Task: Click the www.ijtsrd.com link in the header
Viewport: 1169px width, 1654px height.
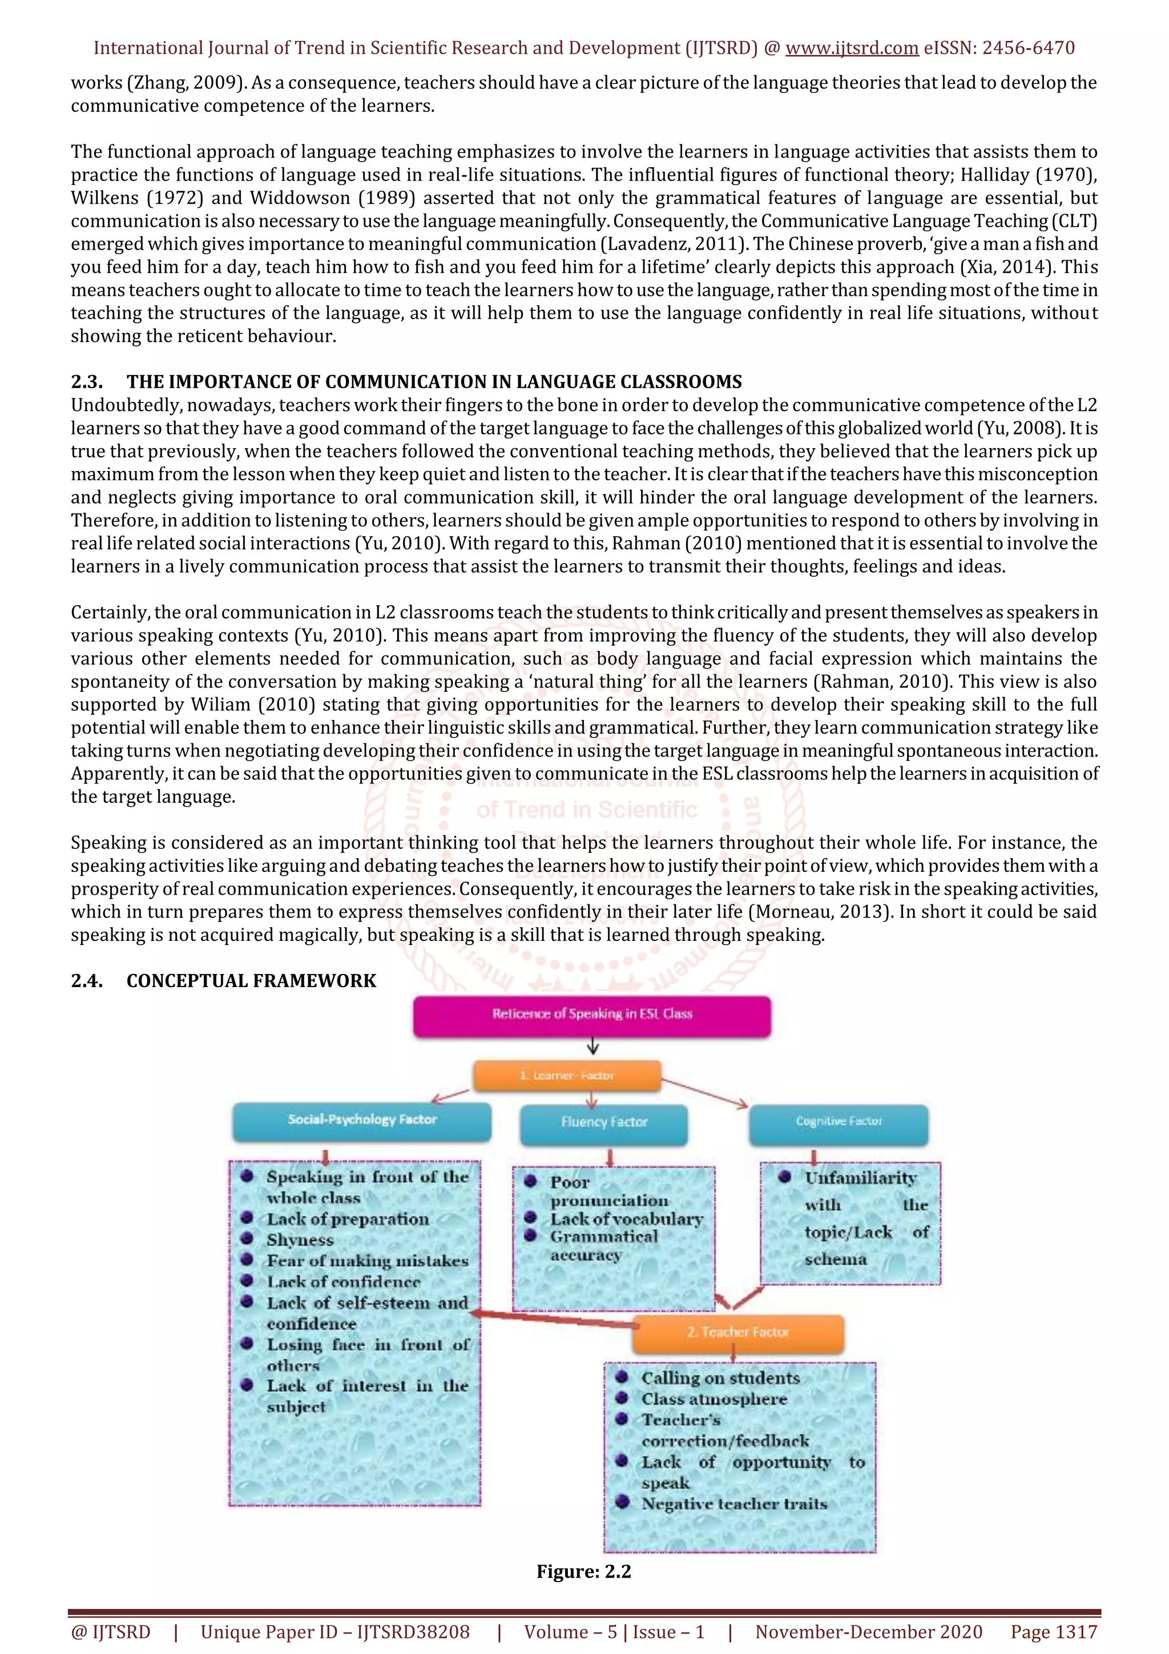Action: pyautogui.click(x=852, y=49)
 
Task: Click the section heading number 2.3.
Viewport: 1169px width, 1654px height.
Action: pyautogui.click(x=86, y=382)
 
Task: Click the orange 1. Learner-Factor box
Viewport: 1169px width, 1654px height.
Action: pyautogui.click(x=567, y=1076)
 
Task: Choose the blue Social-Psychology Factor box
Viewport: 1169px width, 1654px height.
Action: pyautogui.click(x=361, y=1120)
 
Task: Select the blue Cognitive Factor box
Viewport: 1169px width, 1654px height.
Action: pyautogui.click(x=839, y=1122)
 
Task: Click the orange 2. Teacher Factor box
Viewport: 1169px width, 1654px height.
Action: pyautogui.click(x=737, y=1332)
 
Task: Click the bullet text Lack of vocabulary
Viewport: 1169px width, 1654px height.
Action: pyautogui.click(x=627, y=1219)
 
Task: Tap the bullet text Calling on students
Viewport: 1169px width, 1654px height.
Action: pyautogui.click(x=720, y=1378)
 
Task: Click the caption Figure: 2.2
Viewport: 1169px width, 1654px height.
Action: pyautogui.click(x=583, y=1571)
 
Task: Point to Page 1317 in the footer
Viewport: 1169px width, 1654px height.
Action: pyautogui.click(x=1053, y=1632)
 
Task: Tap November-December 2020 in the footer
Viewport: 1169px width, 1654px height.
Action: pyautogui.click(x=868, y=1632)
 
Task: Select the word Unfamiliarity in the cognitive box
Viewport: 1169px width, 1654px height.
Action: pyautogui.click(x=860, y=1178)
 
